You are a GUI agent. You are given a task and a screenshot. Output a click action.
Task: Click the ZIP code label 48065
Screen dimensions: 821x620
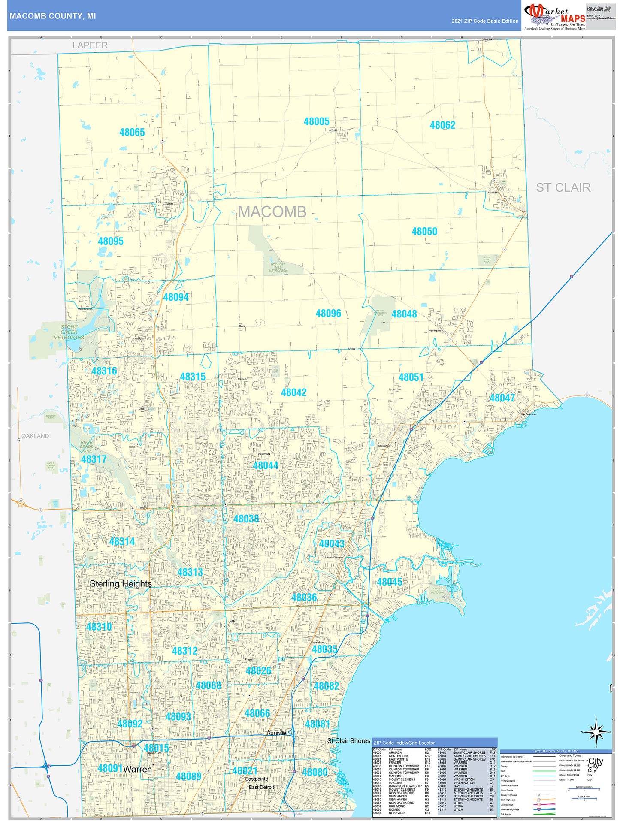(x=132, y=132)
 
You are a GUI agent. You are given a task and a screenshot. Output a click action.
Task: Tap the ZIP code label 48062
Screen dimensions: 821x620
(x=442, y=125)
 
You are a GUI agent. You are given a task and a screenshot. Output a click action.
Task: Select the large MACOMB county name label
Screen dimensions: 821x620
(x=272, y=211)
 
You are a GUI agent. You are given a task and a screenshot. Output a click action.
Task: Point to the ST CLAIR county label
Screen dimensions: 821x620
(x=563, y=187)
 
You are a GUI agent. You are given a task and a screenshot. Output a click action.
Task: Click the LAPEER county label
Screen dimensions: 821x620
(x=90, y=45)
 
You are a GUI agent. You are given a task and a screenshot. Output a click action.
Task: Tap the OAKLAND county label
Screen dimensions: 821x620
(x=35, y=436)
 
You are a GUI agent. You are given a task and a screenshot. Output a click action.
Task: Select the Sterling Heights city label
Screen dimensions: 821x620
(x=121, y=583)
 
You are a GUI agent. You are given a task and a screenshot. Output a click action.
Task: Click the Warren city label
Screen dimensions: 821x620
(x=137, y=770)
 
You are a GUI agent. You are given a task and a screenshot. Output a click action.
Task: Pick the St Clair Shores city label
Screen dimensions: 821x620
(x=348, y=741)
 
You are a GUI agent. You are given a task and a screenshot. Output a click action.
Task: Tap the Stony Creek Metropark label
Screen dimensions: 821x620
(x=69, y=332)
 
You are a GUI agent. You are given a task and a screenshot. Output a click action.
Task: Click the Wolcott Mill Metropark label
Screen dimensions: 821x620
(x=278, y=267)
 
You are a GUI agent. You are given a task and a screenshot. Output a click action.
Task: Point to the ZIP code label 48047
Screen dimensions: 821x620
(x=502, y=398)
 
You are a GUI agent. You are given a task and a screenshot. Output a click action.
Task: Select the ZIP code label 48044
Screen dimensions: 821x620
(x=265, y=465)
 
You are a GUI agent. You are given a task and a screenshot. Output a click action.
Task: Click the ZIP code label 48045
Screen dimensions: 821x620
(x=389, y=582)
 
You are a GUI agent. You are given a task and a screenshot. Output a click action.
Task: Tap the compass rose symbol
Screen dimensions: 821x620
(x=596, y=732)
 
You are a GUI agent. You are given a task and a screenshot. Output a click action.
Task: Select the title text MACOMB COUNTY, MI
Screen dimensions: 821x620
(x=52, y=16)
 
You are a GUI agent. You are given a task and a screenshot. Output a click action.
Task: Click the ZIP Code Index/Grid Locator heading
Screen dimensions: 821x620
(x=404, y=743)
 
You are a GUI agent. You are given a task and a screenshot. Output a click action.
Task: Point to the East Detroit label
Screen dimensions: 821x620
(x=261, y=787)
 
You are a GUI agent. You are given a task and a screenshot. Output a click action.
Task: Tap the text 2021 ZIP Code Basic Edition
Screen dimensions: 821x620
(x=485, y=21)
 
